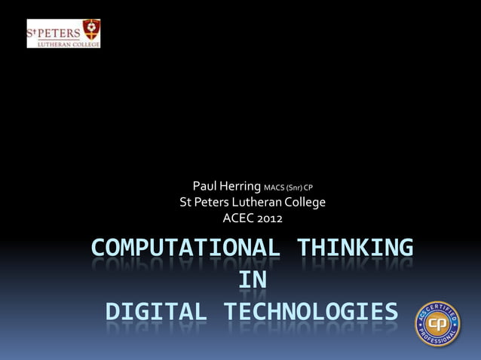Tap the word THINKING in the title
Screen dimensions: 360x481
[354, 249]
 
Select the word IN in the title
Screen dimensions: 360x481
[252, 280]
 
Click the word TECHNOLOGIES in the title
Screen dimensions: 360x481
[310, 312]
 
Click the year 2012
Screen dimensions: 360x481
[270, 219]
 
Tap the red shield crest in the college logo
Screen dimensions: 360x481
[91, 29]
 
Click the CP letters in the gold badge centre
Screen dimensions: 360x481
[440, 325]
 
